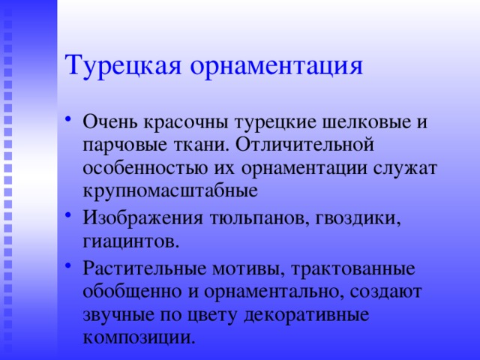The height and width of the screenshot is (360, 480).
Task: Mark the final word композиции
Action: (x=139, y=337)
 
